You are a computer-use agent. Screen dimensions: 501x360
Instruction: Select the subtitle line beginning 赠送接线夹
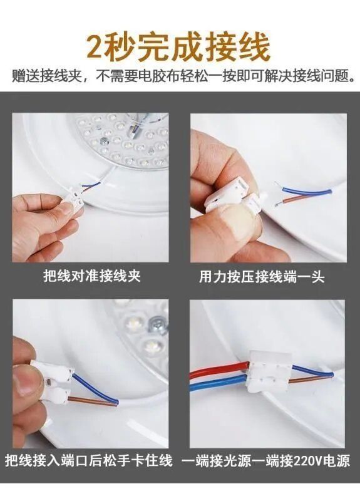[x=180, y=77]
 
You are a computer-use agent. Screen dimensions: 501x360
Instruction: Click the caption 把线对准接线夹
[x=91, y=276]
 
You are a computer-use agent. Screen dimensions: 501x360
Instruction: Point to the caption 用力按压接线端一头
[x=270, y=276]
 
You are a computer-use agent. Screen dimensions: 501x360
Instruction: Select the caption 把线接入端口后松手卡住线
[x=89, y=461]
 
